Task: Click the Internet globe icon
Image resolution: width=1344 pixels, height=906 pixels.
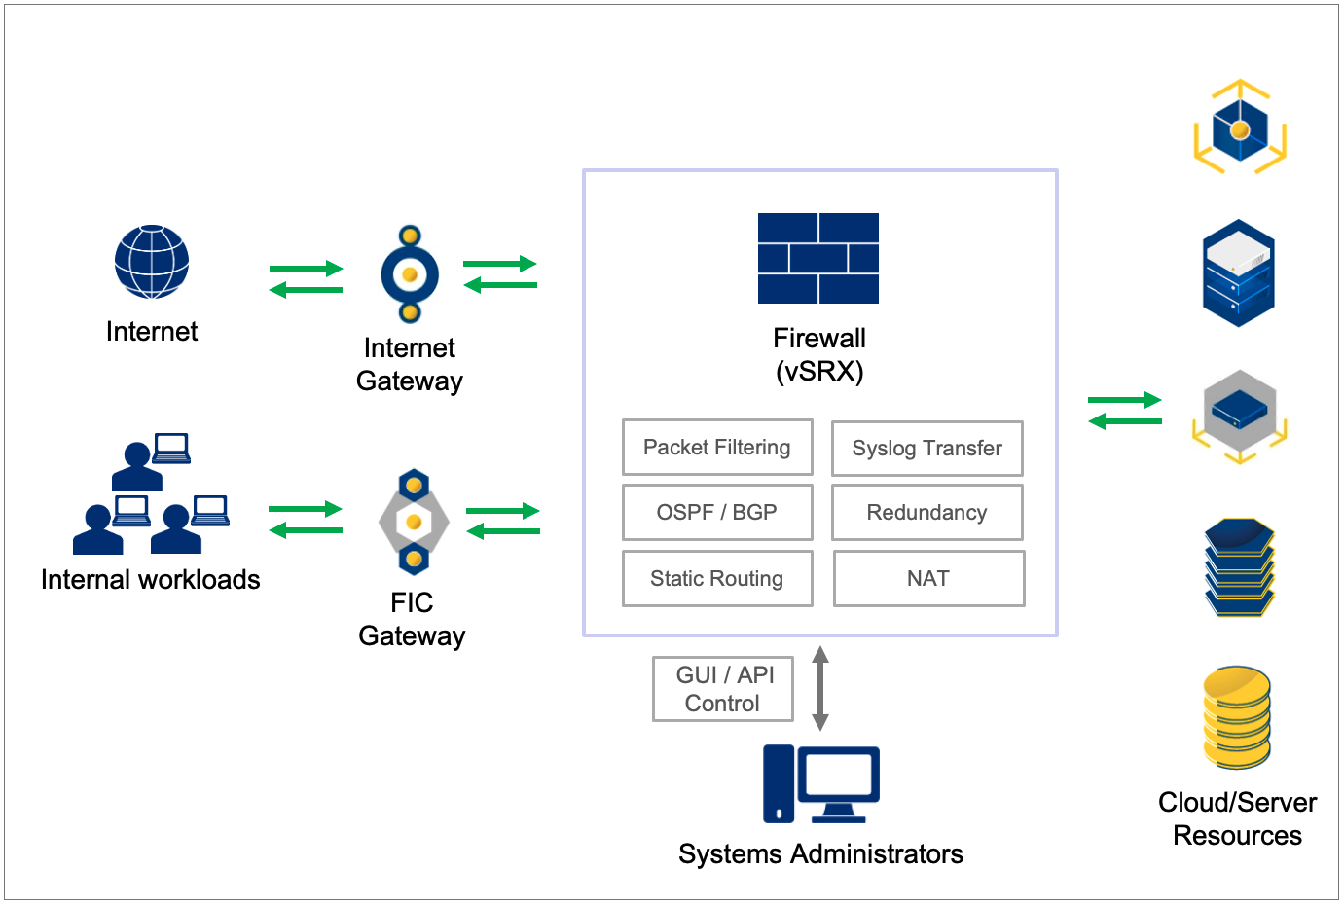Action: [x=152, y=262]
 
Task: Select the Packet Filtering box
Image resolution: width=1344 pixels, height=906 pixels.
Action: [x=717, y=448]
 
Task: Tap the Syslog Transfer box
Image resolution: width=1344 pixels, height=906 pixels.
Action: [x=926, y=449]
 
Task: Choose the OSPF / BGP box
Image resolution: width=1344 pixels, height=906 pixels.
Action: [x=717, y=513]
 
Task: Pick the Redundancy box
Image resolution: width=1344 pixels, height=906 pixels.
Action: [x=926, y=513]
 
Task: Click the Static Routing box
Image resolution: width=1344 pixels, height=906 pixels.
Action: [x=717, y=579]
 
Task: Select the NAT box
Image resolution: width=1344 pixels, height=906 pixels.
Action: [x=928, y=579]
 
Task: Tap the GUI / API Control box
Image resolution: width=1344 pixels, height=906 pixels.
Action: [x=723, y=689]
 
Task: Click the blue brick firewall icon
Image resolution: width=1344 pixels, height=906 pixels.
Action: [x=818, y=258]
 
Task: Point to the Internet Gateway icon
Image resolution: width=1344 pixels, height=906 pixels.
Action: [x=410, y=274]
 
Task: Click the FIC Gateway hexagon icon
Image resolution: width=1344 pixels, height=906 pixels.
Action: [x=414, y=523]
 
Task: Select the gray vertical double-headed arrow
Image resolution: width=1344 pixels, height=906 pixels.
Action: [x=820, y=688]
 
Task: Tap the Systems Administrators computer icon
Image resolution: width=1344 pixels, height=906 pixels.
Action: [x=820, y=783]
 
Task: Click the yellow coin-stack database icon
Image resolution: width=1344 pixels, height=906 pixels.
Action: [x=1237, y=717]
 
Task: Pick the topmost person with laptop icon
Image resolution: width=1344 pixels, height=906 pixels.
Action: [x=151, y=462]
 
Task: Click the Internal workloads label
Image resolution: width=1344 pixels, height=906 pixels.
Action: [x=151, y=580]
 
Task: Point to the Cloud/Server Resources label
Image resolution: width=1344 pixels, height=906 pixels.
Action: [x=1237, y=819]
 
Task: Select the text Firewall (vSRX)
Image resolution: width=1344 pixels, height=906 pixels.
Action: [x=819, y=355]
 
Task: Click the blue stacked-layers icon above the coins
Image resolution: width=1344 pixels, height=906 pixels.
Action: [x=1239, y=567]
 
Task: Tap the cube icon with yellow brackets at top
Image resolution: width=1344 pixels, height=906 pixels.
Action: [x=1240, y=127]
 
